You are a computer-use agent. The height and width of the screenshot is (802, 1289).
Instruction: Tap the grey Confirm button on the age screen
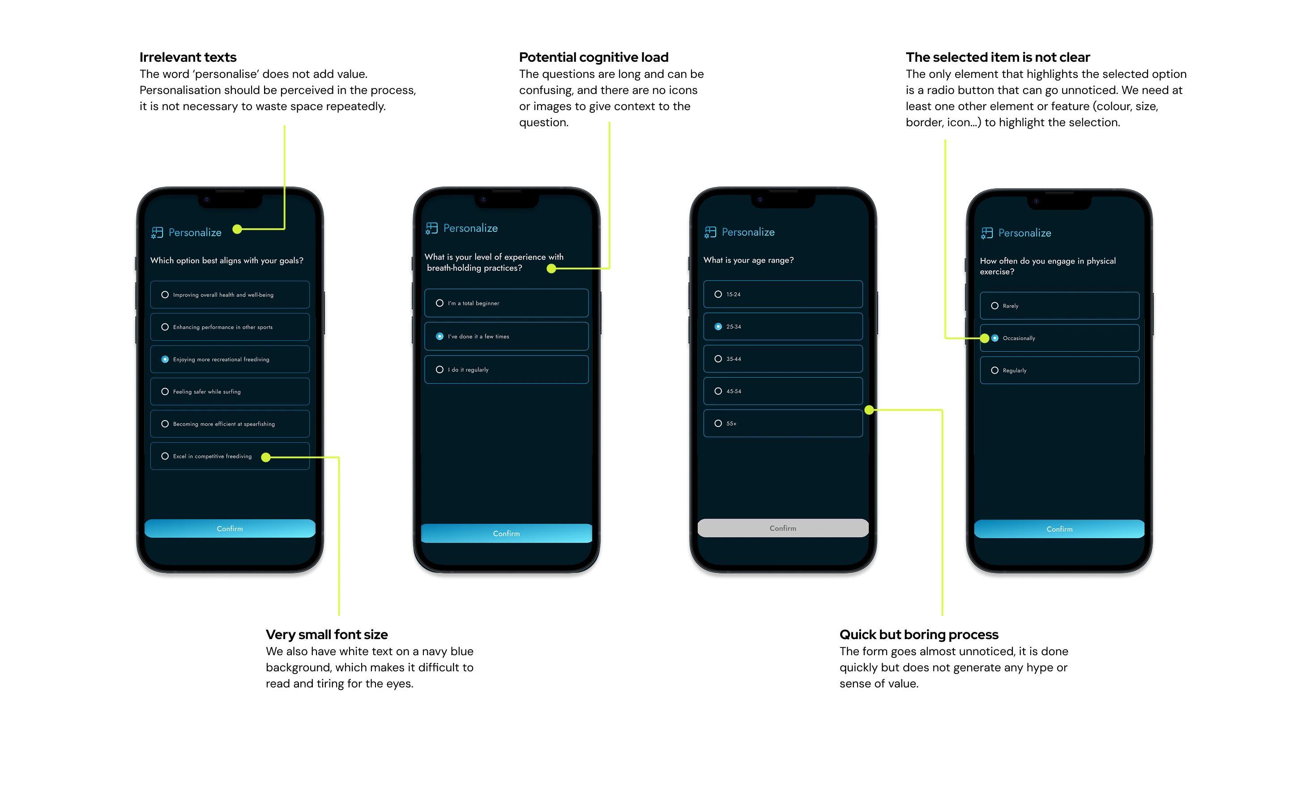782,528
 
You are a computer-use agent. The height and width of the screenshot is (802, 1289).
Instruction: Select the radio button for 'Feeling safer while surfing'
165,392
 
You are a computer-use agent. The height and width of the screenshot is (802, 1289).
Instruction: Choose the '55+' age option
782,423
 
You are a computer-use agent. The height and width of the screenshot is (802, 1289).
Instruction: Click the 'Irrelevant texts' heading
188,57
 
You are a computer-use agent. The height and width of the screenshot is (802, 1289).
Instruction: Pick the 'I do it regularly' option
506,370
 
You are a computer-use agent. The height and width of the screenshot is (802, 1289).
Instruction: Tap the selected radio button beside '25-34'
718,327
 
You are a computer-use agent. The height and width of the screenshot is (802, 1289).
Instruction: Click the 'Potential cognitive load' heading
593,57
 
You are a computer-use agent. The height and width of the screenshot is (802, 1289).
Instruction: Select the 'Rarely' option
1059,306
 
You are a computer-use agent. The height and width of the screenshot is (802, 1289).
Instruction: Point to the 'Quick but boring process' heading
918,634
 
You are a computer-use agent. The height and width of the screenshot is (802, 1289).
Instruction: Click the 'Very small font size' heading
327,634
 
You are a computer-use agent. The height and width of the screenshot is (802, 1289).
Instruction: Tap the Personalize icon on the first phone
157,233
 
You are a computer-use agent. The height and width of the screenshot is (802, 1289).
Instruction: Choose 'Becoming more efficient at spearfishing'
230,424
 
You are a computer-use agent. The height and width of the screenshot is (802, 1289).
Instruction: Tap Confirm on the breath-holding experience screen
506,533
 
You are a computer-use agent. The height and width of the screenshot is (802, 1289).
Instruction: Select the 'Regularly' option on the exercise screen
1059,370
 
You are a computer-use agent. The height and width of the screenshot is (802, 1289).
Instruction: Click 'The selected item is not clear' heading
997,57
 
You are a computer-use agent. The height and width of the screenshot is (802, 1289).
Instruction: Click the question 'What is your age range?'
748,260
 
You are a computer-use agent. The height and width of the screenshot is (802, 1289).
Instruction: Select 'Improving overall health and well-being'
230,295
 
